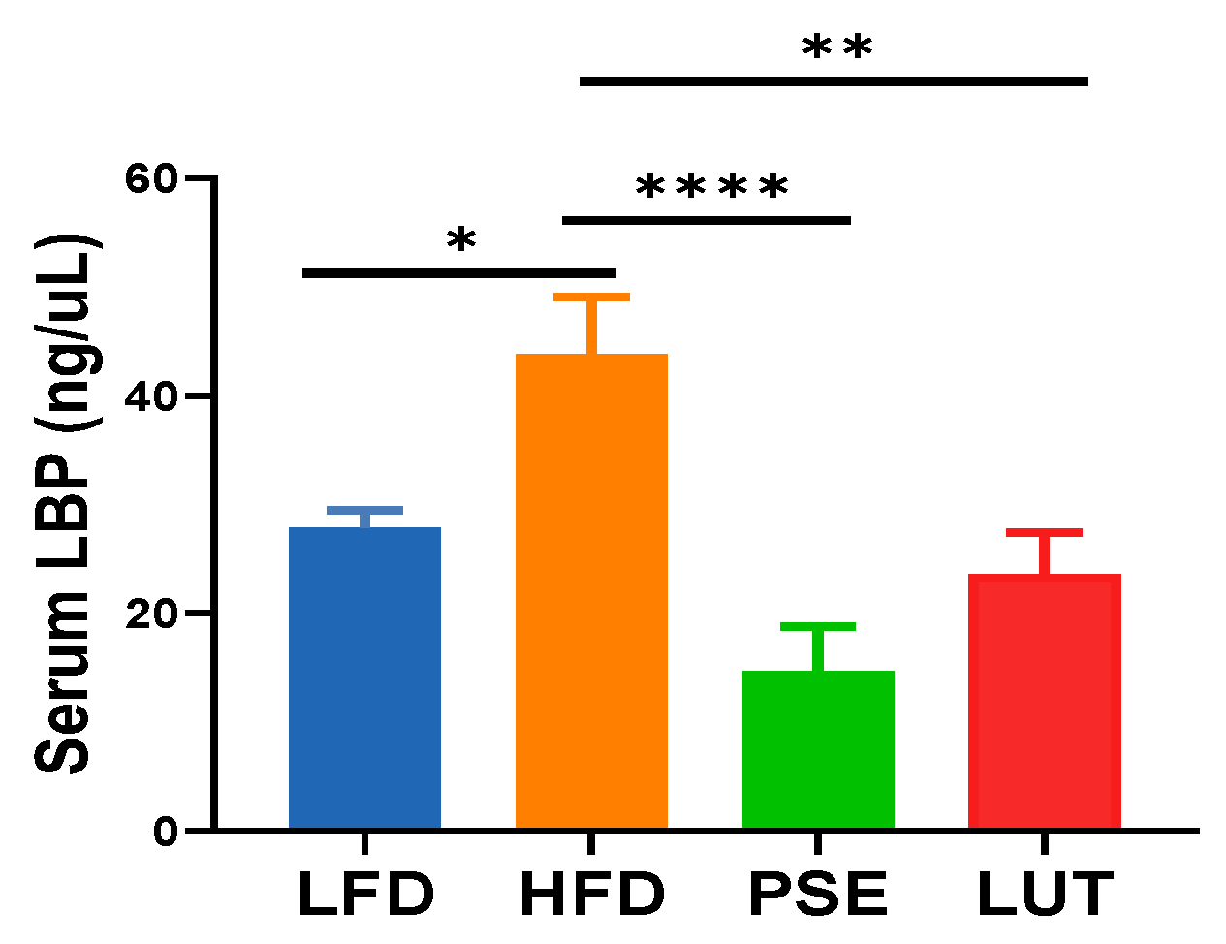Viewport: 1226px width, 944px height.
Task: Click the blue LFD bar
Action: (x=364, y=678)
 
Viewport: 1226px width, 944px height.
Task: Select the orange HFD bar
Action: (x=591, y=591)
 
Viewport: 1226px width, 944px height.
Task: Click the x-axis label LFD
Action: (x=364, y=894)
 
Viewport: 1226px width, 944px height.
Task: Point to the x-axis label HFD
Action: (x=591, y=894)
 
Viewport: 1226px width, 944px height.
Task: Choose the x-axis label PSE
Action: (x=818, y=894)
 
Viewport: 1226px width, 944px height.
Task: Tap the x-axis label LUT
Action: (x=1044, y=894)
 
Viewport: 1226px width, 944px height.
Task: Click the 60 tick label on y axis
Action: (x=153, y=178)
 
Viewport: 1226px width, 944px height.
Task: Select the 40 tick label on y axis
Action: (x=153, y=396)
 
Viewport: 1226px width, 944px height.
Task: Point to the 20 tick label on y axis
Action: (x=153, y=614)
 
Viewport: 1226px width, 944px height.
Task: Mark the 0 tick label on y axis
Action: (x=167, y=832)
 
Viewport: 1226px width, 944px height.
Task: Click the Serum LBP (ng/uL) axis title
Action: (x=66, y=504)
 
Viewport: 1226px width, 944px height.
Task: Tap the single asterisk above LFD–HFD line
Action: (x=461, y=240)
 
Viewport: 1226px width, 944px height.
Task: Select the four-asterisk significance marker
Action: (x=711, y=187)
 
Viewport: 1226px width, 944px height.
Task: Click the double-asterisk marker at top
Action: (x=837, y=47)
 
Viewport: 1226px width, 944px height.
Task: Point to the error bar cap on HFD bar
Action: (x=591, y=298)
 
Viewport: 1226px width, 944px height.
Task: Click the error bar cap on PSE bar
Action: (x=818, y=627)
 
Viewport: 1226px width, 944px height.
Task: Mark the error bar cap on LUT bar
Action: (x=1044, y=533)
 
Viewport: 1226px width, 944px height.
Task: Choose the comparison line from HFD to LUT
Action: (x=833, y=81)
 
